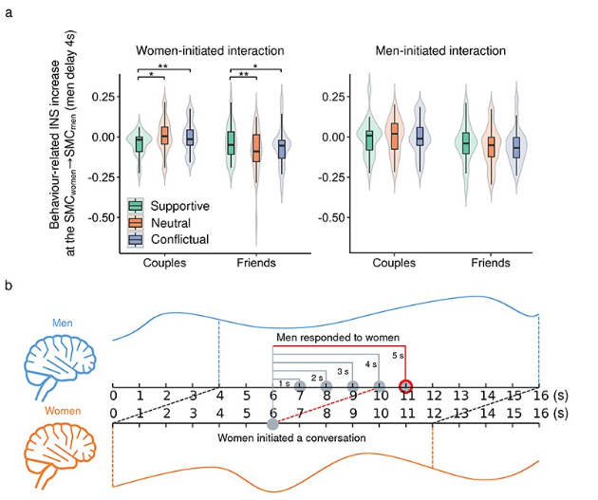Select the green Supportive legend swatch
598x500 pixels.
click(x=137, y=205)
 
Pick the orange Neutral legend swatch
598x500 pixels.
click(x=137, y=221)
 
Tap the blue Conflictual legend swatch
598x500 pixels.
click(x=137, y=238)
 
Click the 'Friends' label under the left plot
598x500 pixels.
click(x=254, y=263)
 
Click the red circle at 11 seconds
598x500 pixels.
click(x=406, y=385)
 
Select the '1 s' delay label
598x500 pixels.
click(x=285, y=382)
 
